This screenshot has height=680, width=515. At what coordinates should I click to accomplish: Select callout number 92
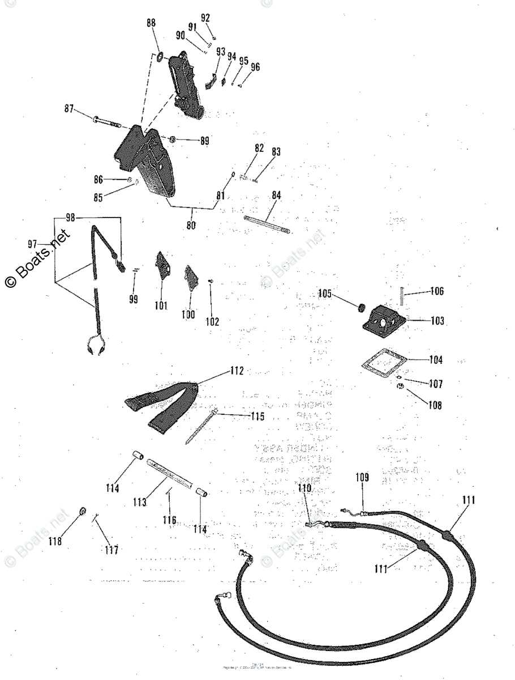[205, 17]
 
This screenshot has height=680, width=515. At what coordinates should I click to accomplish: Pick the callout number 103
[436, 321]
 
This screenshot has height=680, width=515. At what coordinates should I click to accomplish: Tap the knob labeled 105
[359, 308]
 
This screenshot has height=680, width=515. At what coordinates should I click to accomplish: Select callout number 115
[257, 416]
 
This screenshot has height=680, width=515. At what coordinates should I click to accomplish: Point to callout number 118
[55, 541]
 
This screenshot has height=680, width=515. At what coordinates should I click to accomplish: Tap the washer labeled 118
[83, 513]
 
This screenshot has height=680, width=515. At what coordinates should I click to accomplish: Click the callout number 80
[191, 224]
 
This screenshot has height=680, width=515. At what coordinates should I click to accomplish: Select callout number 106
[436, 292]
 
